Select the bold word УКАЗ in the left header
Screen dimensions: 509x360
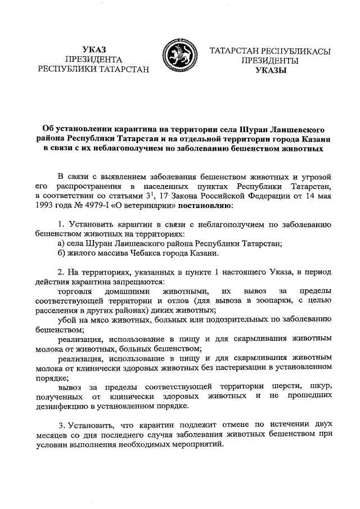[93, 48]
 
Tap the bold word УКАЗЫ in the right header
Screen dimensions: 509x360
[270, 70]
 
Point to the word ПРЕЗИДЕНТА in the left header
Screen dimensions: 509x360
[93, 59]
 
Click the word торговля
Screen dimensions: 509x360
[75, 290]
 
